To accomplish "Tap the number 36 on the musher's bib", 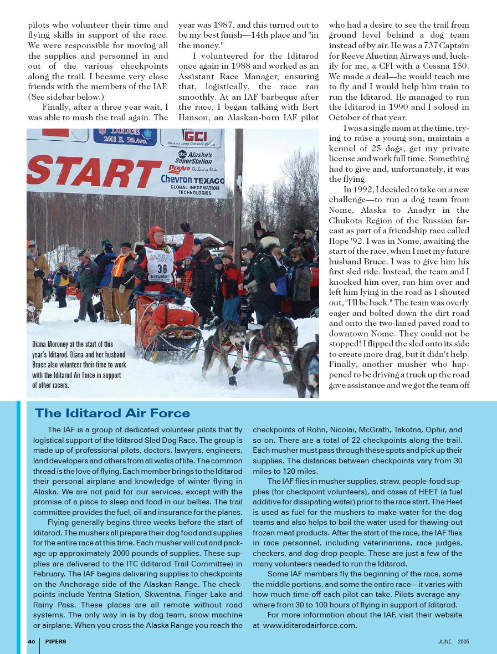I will (x=162, y=268).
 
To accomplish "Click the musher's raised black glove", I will (x=185, y=227).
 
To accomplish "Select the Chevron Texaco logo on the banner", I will (x=192, y=180).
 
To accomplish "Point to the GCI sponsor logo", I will (x=194, y=136).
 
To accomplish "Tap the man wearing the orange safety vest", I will (x=121, y=265).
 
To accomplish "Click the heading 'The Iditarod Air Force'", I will (x=112, y=413).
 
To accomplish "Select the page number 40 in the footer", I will (x=32, y=641).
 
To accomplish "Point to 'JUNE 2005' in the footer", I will (x=453, y=641).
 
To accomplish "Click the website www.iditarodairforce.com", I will (x=310, y=626).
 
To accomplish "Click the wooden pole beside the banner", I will (x=238, y=183).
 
